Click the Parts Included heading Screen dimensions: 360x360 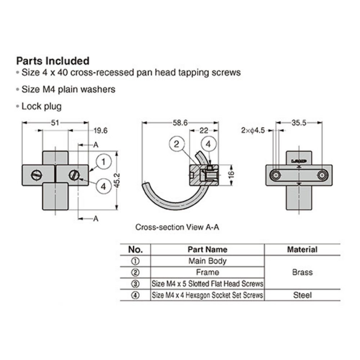pos(53,60)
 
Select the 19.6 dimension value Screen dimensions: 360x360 pos(100,131)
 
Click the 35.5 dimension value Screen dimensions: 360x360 pos(299,123)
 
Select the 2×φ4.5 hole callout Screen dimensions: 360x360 pos(253,131)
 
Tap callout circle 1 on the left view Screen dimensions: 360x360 pos(103,162)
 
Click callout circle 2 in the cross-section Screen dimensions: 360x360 pos(176,144)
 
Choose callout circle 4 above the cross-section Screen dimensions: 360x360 pos(208,144)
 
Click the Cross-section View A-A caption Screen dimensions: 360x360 pos(177,227)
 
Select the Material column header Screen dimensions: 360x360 pos(302,249)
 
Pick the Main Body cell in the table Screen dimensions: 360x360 pos(207,261)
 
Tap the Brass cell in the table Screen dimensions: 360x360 pos(302,272)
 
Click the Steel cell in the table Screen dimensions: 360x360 pos(302,295)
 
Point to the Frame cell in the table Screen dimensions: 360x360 pos(207,272)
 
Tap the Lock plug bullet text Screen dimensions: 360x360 pos(41,106)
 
